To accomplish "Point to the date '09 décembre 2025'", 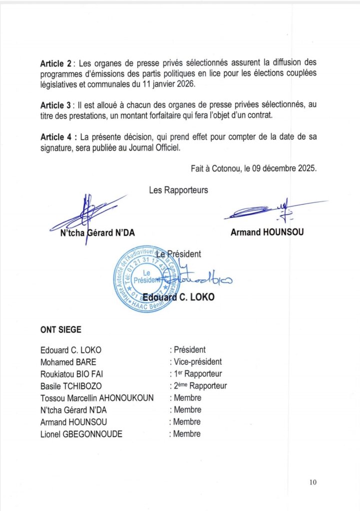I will (x=280, y=169).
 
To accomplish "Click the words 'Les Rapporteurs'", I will (x=178, y=190).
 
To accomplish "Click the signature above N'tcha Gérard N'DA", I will (x=87, y=212).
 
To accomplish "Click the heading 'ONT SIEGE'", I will (x=60, y=330).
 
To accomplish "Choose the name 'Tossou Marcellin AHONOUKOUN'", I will (x=97, y=398).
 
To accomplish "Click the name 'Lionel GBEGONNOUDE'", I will (x=80, y=434).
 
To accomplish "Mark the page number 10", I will (x=313, y=482).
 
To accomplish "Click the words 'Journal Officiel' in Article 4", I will (x=159, y=149).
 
